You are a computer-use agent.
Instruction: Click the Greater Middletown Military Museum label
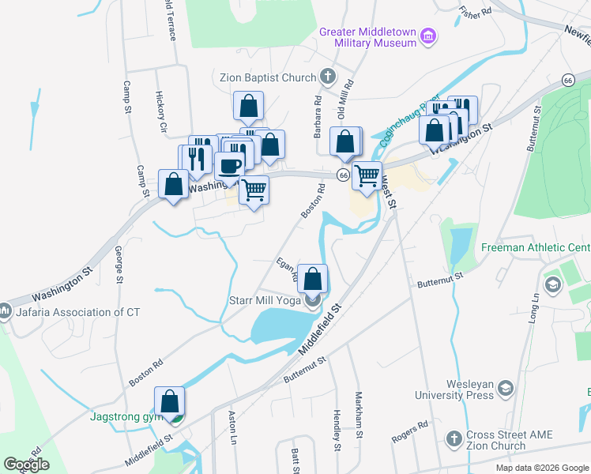coord(367,37)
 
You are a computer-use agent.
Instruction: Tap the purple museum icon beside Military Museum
coord(428,36)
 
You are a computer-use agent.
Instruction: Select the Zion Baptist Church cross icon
coord(328,77)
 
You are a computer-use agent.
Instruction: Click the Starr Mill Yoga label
coord(265,299)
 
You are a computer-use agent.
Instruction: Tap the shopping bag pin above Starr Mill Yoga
coord(313,278)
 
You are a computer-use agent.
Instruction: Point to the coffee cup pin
coord(230,167)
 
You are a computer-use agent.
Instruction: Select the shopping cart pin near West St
coord(367,176)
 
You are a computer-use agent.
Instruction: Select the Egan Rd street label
coord(287,269)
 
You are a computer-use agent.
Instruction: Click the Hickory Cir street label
coord(162,111)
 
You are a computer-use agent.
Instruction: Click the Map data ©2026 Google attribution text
coord(541,468)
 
